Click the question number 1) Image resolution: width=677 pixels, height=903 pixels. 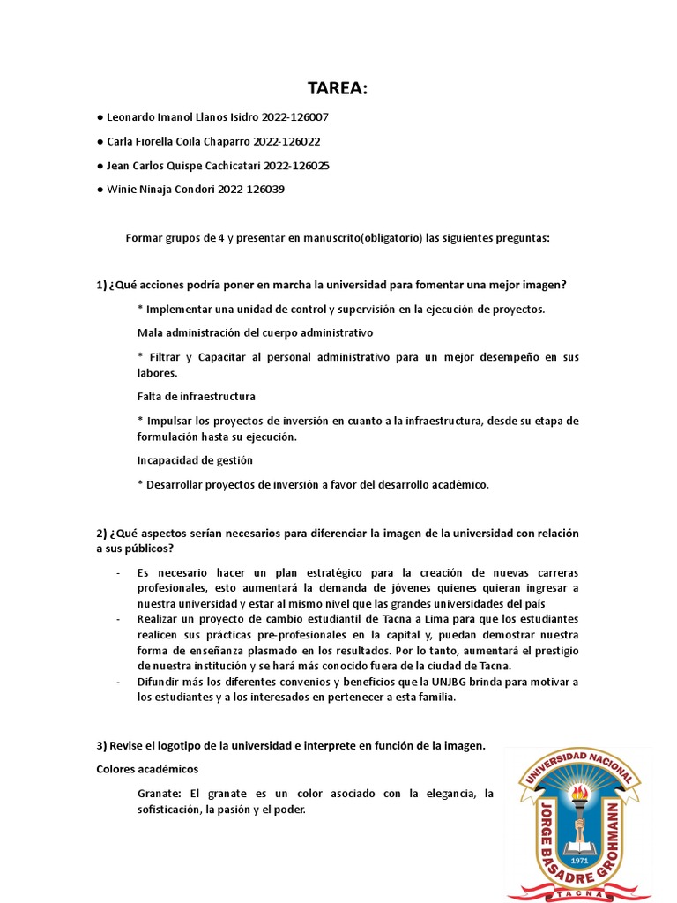point(101,285)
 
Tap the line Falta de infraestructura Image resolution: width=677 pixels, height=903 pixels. point(196,396)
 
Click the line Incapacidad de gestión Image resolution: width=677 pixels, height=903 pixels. point(195,459)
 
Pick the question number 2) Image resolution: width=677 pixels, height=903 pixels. point(101,534)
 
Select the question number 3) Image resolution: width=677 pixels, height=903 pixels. point(101,745)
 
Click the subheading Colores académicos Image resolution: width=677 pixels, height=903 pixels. point(147,769)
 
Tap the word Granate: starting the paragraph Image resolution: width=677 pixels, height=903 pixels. point(160,793)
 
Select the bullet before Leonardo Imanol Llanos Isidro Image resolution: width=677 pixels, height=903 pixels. point(100,116)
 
